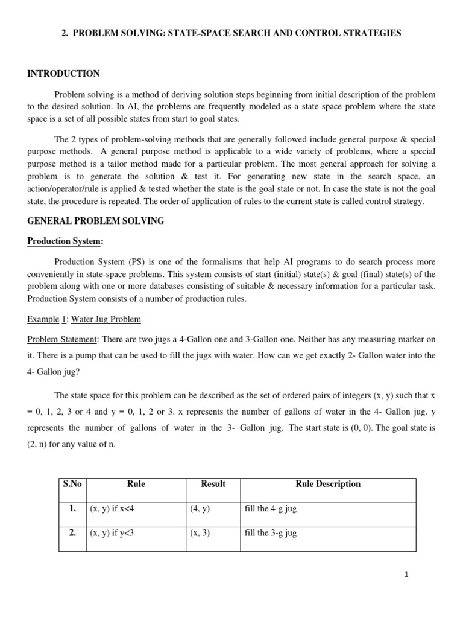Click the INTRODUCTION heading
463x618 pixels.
[x=63, y=74]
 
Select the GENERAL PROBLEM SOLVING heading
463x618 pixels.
[x=95, y=221]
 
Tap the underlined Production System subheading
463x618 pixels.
[x=65, y=241]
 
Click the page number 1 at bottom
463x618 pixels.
[x=407, y=575]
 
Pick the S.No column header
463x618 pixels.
[x=72, y=484]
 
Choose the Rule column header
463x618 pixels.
[x=136, y=484]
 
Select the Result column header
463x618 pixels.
[x=213, y=484]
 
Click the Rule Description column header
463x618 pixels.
[x=328, y=484]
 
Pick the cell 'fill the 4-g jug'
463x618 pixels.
[x=270, y=509]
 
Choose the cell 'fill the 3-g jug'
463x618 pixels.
[x=270, y=534]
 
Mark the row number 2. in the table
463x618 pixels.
[x=72, y=534]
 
